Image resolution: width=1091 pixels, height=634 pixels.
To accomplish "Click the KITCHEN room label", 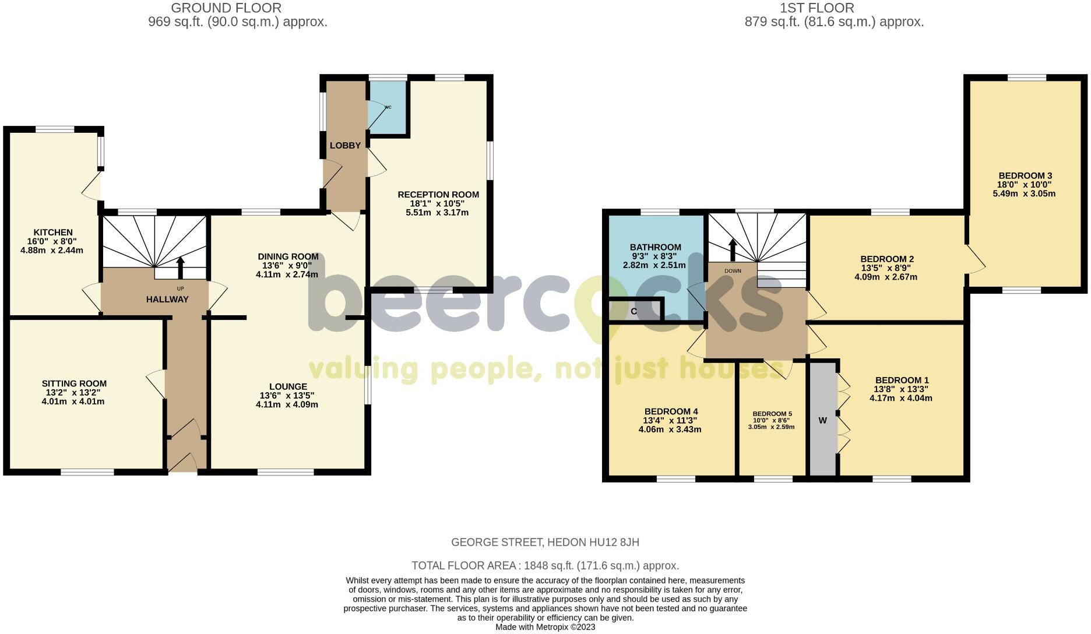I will coord(52,233).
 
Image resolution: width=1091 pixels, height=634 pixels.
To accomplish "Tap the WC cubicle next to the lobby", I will coord(387,108).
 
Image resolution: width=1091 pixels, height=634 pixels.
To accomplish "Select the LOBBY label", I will coord(345,146).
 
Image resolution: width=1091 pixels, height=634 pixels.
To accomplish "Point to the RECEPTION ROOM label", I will coord(438,195).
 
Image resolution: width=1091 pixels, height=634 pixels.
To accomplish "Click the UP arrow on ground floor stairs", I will coord(180,267).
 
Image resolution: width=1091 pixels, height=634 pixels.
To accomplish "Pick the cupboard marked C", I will coord(634,311).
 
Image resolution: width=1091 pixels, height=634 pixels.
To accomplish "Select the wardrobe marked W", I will coord(822,420).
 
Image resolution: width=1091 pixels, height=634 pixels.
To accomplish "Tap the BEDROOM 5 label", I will coord(772,414).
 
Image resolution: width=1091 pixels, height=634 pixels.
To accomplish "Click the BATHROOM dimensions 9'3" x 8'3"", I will coord(655,256).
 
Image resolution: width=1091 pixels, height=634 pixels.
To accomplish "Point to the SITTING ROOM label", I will coord(74,383).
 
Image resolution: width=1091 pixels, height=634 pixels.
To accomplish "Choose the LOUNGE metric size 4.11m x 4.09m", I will coord(287,404).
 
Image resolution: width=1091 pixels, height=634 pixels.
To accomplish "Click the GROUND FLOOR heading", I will coord(226,8).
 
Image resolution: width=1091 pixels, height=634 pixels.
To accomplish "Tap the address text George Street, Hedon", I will coord(545,543).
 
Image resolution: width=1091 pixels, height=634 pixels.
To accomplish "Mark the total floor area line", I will coord(545,566).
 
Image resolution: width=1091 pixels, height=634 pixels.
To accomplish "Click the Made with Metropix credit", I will coord(545,628).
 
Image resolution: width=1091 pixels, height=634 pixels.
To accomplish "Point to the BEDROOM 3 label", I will coord(1025,176).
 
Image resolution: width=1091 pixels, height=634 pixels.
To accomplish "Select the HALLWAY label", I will coord(167,300).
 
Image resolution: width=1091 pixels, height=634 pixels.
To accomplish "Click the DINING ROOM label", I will coord(288,256).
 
